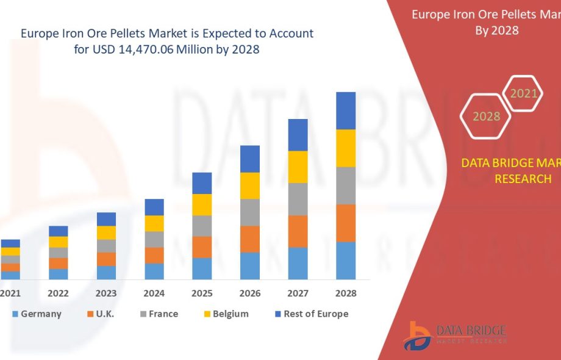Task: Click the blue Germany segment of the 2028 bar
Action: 346,261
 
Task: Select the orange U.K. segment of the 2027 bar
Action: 298,231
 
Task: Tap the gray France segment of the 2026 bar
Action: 250,212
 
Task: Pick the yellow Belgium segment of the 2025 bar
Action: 202,204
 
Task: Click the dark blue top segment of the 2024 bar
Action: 154,207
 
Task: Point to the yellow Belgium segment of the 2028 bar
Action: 346,148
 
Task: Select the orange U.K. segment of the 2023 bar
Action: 106,259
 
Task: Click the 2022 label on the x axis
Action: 59,293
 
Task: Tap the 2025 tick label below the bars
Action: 202,293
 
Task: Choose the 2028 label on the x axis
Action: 346,293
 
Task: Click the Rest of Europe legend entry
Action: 312,314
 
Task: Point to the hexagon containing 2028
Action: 486,116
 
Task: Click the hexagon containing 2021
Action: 524,93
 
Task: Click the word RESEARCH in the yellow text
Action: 523,179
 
